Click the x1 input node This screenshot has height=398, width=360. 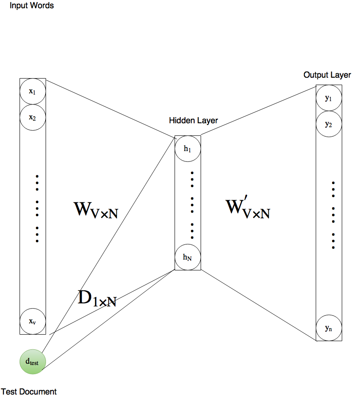(x=33, y=92)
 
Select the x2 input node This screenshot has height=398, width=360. (x=33, y=117)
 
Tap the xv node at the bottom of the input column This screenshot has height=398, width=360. (x=33, y=321)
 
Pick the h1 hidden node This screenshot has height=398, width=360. (x=188, y=149)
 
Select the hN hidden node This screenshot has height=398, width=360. (x=188, y=257)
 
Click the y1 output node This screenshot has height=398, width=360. (x=329, y=98)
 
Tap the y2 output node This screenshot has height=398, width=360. (x=329, y=125)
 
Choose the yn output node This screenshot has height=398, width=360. (x=329, y=328)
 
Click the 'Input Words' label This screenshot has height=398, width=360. (x=32, y=6)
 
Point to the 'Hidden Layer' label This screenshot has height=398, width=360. (x=194, y=120)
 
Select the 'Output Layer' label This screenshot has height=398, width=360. (x=327, y=75)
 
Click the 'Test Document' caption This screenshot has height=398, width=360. (x=29, y=391)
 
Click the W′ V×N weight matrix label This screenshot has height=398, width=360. (x=248, y=210)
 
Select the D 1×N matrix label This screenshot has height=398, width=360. (x=97, y=299)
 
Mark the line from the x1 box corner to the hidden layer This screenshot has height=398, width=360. (x=109, y=107)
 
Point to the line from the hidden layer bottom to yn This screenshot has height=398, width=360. (x=258, y=305)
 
